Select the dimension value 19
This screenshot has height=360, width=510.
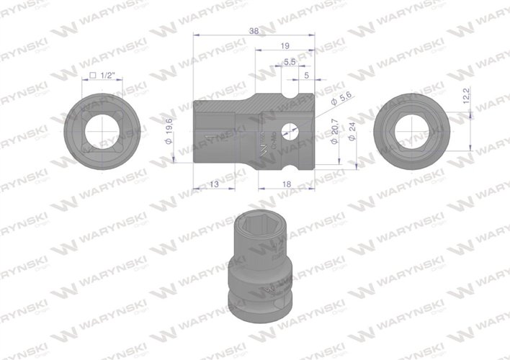(x=285, y=46)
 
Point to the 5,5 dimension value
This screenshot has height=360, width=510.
(x=290, y=63)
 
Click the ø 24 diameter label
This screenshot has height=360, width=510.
(x=352, y=132)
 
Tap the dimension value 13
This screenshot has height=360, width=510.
(x=213, y=184)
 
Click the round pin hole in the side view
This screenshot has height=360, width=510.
(x=292, y=131)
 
